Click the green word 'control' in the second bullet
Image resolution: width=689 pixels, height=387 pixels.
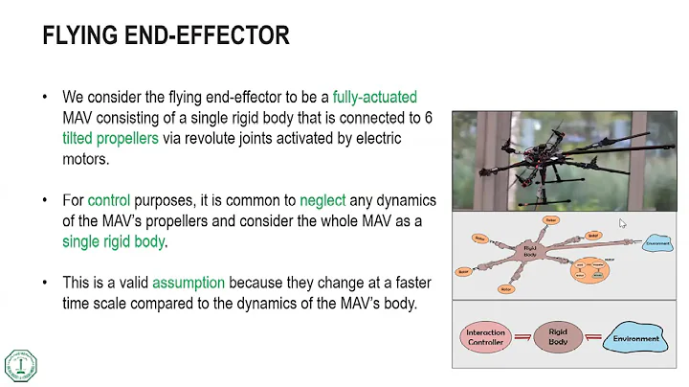(x=108, y=201)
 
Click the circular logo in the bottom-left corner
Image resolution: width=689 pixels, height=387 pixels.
(x=21, y=364)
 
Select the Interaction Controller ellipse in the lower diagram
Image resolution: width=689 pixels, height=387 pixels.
(x=486, y=337)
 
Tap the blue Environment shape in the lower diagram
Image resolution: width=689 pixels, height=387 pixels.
(x=635, y=338)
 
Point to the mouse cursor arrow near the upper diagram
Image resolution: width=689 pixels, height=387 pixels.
(x=623, y=223)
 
